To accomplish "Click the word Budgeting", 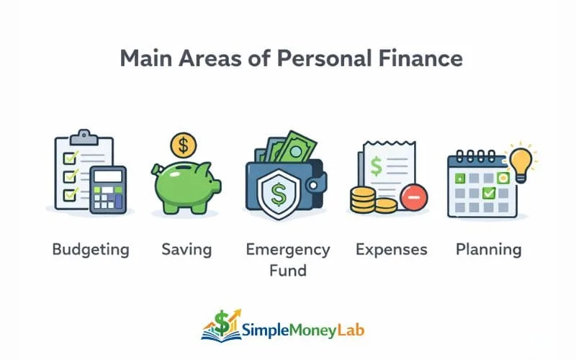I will coord(91,250).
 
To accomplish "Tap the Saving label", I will coord(186,250).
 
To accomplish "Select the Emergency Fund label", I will coord(287,260).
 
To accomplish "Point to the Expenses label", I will coord(392,250).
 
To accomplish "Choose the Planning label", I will coord(488,250).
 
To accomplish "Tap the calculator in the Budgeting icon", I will coord(108,189).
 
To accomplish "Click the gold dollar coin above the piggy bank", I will coord(184,145).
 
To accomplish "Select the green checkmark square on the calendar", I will coord(490,193).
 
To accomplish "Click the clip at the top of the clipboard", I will coord(84,135).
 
